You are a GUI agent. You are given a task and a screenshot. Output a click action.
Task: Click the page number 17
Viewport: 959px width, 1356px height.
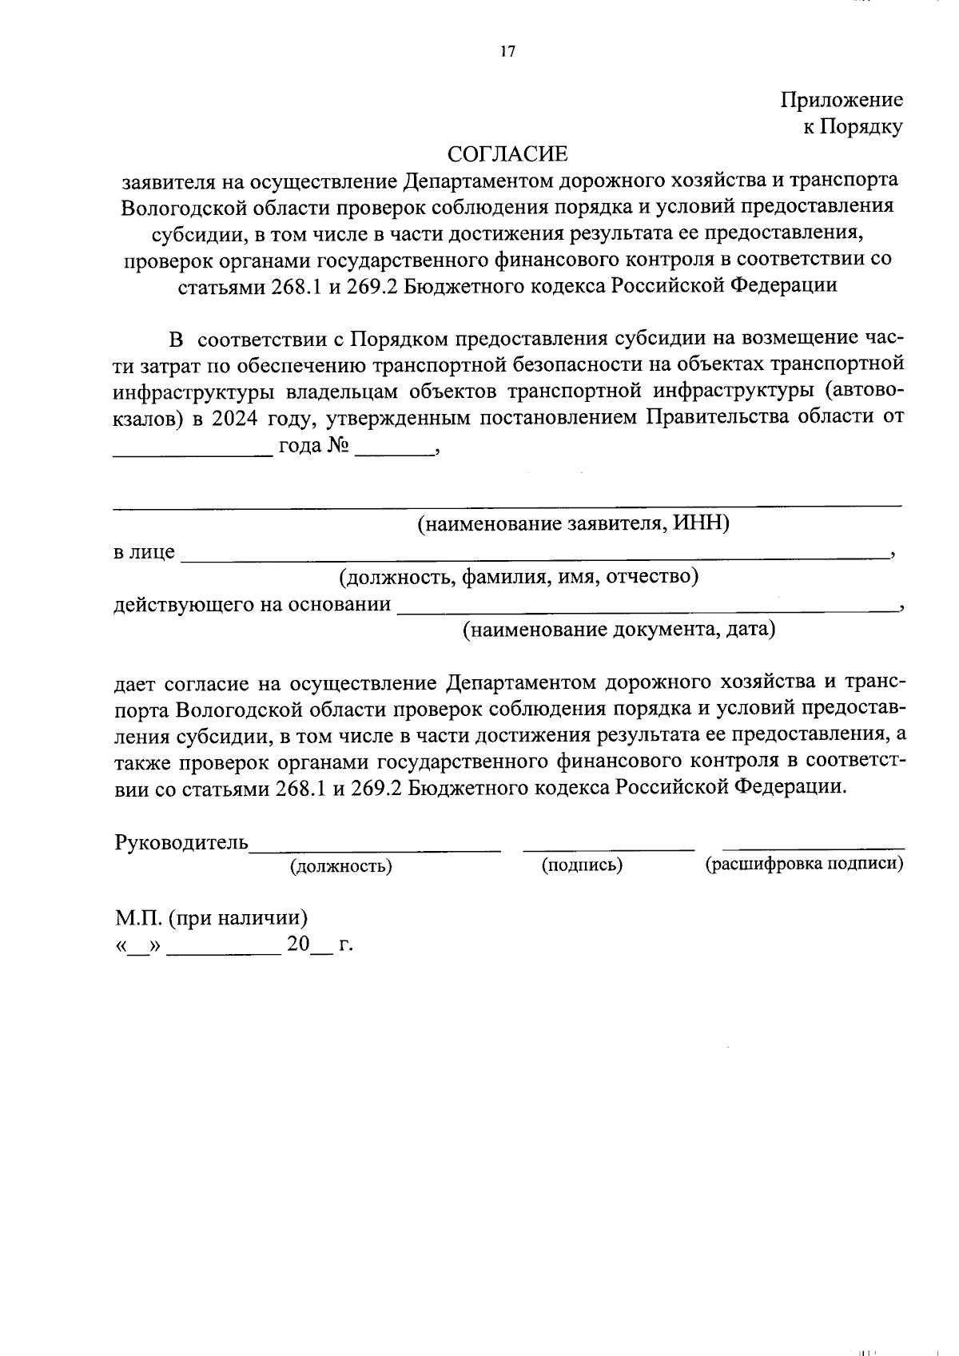click(x=508, y=52)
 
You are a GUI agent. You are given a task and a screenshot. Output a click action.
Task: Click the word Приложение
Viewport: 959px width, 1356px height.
click(x=842, y=100)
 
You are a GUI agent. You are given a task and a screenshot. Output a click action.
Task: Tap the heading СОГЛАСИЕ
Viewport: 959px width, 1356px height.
click(x=507, y=153)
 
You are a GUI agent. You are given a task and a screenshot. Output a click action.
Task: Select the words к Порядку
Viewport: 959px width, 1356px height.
click(x=853, y=126)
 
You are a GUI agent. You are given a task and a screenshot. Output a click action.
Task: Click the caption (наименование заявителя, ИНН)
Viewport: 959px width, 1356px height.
click(x=574, y=523)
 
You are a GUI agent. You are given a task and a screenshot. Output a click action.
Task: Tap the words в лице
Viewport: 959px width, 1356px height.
click(x=144, y=551)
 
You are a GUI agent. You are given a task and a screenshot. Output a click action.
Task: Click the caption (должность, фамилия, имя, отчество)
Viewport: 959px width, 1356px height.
click(x=519, y=576)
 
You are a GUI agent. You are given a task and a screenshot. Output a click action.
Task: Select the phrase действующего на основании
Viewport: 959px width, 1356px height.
click(x=253, y=604)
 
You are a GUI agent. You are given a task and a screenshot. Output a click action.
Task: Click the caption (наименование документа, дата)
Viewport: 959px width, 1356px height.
click(x=620, y=630)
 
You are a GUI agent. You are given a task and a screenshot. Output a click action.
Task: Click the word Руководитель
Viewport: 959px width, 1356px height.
click(x=182, y=843)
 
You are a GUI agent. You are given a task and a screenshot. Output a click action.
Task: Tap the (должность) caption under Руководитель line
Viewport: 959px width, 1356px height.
click(x=341, y=865)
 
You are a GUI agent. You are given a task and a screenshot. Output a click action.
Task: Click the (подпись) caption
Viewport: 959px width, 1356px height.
click(x=582, y=865)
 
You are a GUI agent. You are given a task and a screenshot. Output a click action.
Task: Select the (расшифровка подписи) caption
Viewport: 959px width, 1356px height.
click(x=805, y=864)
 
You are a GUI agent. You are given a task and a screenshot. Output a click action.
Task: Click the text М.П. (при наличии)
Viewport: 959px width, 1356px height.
click(x=211, y=918)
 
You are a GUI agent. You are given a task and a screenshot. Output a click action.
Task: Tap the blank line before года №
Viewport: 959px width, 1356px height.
click(x=192, y=453)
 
